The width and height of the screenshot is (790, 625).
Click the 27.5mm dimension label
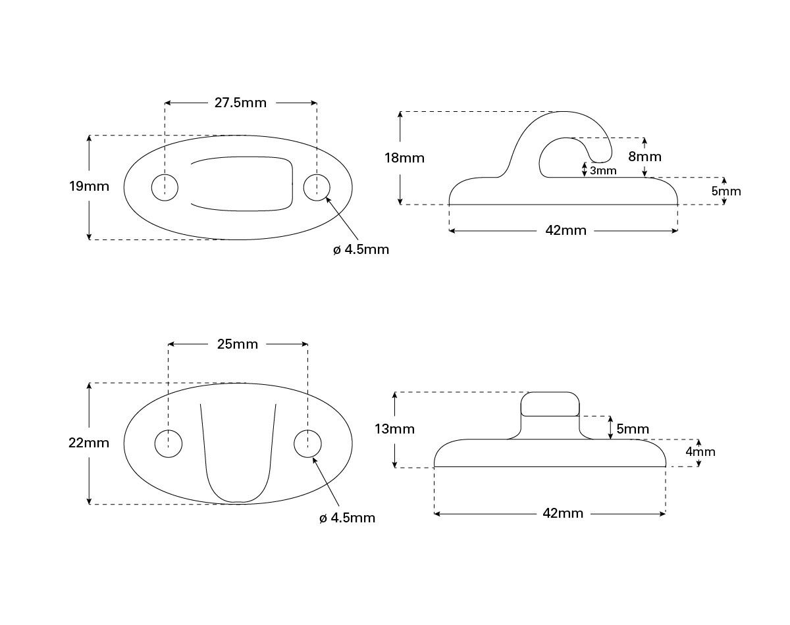tap(240, 103)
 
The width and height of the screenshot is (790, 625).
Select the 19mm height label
tap(89, 186)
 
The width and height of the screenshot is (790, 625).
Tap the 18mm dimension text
tap(405, 158)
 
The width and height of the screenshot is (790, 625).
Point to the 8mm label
tap(645, 157)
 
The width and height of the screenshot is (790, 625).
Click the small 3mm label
tap(602, 171)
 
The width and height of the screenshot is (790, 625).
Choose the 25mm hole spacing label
tap(238, 344)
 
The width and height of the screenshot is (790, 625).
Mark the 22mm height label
tap(89, 443)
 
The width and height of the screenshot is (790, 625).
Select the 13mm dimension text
tap(394, 430)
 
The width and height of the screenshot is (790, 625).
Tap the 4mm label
tap(700, 452)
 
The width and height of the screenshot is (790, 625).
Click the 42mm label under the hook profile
tap(565, 231)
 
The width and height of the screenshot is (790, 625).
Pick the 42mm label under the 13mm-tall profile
tap(562, 514)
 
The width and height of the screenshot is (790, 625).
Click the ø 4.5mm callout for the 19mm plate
tap(361, 250)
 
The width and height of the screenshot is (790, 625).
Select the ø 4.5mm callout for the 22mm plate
tap(347, 518)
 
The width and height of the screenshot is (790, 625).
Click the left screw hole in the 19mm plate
tap(165, 187)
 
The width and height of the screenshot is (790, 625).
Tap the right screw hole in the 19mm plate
tap(317, 187)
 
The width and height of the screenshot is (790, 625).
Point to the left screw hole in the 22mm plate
tap(169, 443)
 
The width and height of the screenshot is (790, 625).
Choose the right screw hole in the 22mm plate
tap(307, 443)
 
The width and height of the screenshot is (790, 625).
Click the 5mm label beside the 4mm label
tap(633, 430)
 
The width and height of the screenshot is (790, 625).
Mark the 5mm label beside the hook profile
tap(725, 191)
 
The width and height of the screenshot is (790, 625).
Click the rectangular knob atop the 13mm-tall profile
tap(550, 404)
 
